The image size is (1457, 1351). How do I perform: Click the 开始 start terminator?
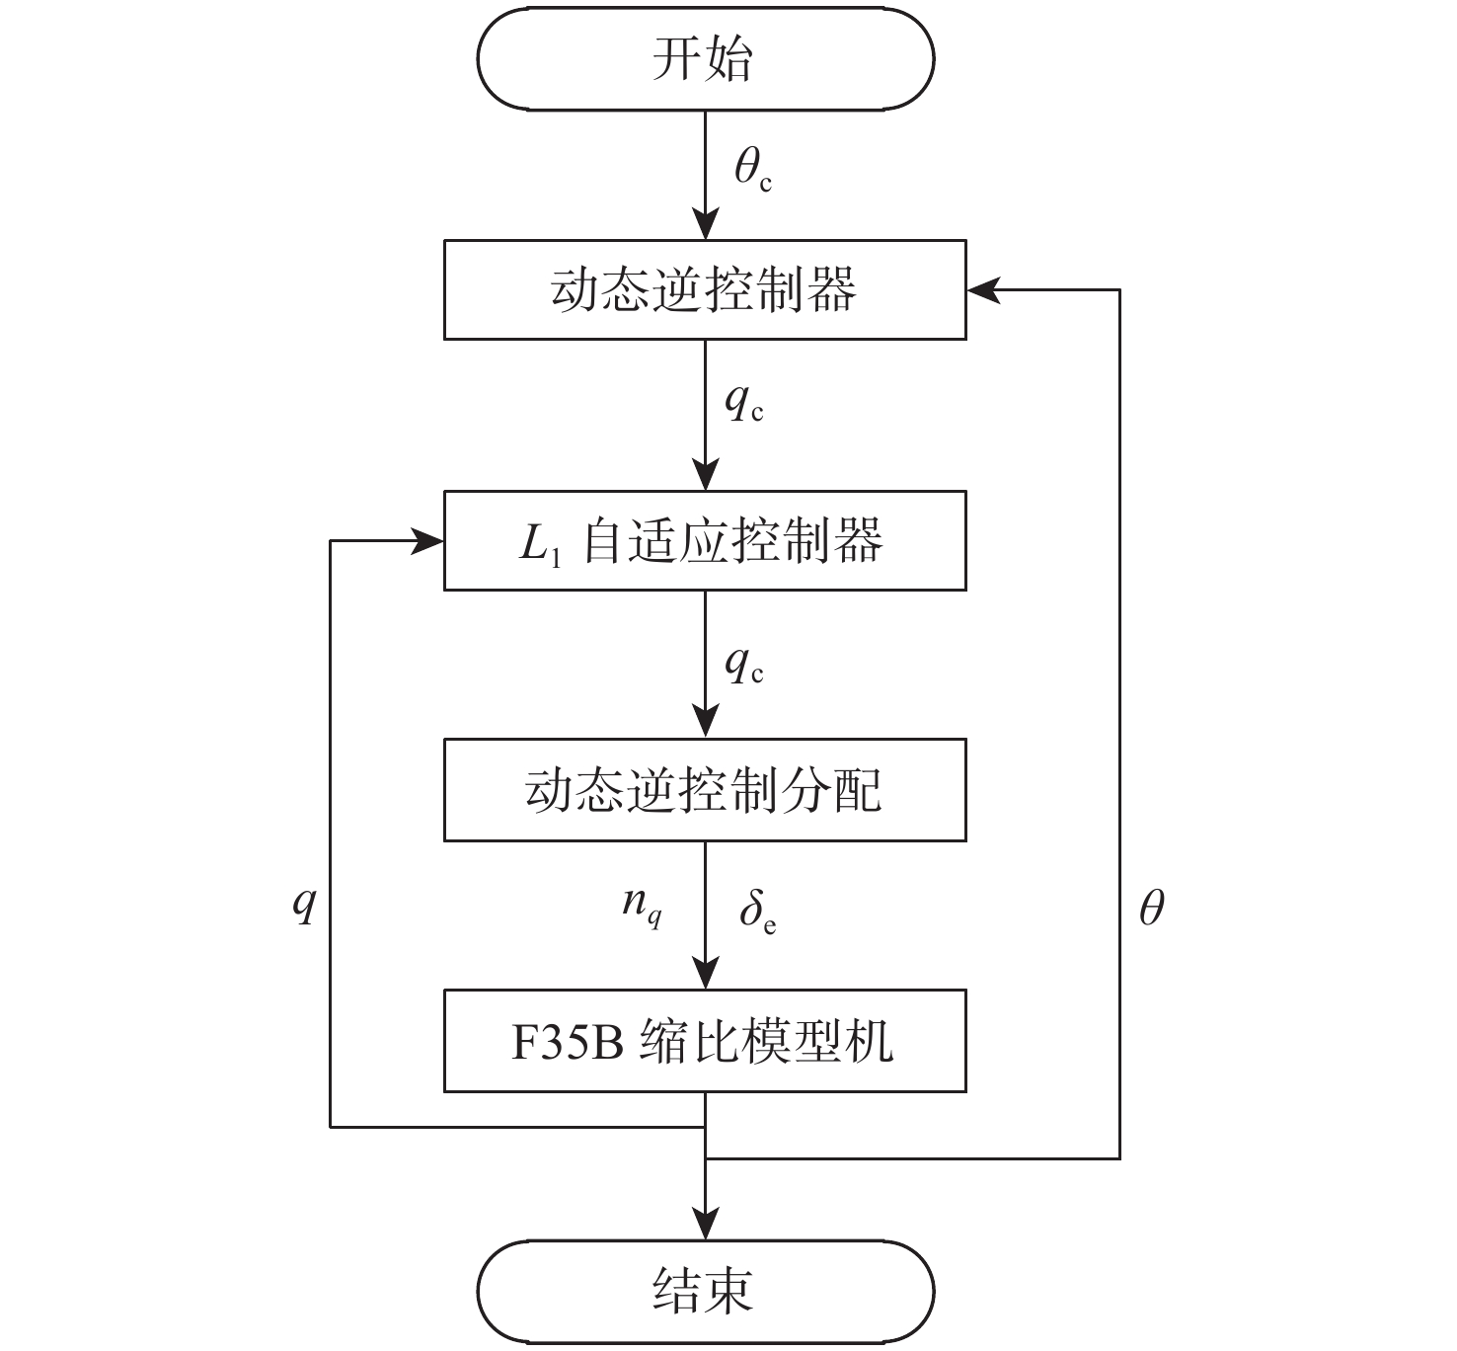(x=705, y=58)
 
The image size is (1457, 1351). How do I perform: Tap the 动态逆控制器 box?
(x=705, y=289)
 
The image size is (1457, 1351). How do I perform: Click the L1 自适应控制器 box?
(x=705, y=540)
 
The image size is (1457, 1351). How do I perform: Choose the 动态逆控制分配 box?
(x=705, y=791)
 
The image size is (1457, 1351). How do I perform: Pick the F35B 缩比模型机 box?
(x=705, y=1042)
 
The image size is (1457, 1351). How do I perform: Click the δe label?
(x=757, y=912)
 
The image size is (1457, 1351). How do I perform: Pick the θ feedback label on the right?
(x=1151, y=907)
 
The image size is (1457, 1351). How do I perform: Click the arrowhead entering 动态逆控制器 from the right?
(x=982, y=289)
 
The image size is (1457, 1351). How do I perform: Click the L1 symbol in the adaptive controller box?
(x=540, y=544)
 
